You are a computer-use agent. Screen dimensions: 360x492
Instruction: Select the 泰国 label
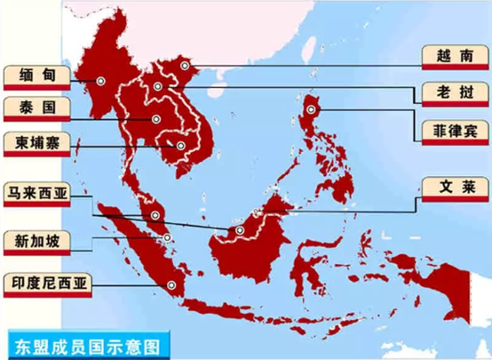36,108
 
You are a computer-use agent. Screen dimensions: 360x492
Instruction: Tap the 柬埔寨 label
36,141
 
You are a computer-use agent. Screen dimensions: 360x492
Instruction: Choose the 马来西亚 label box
36,190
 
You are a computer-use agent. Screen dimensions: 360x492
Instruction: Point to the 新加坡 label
36,238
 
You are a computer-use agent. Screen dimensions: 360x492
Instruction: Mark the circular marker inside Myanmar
100,80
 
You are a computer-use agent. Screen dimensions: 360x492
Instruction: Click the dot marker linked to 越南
185,65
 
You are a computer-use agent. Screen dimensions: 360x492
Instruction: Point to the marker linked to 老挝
157,86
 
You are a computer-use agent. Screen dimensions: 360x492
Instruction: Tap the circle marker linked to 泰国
155,119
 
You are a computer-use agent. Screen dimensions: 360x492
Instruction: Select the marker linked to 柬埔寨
181,146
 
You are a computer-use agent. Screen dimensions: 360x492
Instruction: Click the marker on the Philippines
312,108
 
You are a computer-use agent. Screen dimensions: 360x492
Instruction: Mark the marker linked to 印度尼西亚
170,284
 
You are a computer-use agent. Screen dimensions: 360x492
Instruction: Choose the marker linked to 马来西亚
156,215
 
